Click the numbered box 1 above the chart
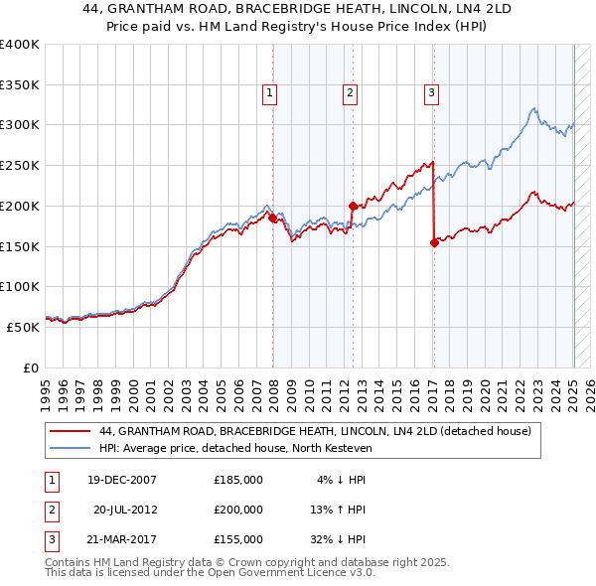click(269, 94)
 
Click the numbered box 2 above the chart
click(351, 94)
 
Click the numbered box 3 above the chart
click(432, 94)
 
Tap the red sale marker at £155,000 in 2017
click(434, 241)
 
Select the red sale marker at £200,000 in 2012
click(353, 206)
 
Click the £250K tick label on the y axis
click(20, 166)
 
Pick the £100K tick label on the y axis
click(20, 286)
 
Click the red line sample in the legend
click(71, 432)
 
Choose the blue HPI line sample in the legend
click(71, 448)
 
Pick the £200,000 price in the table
click(238, 510)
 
